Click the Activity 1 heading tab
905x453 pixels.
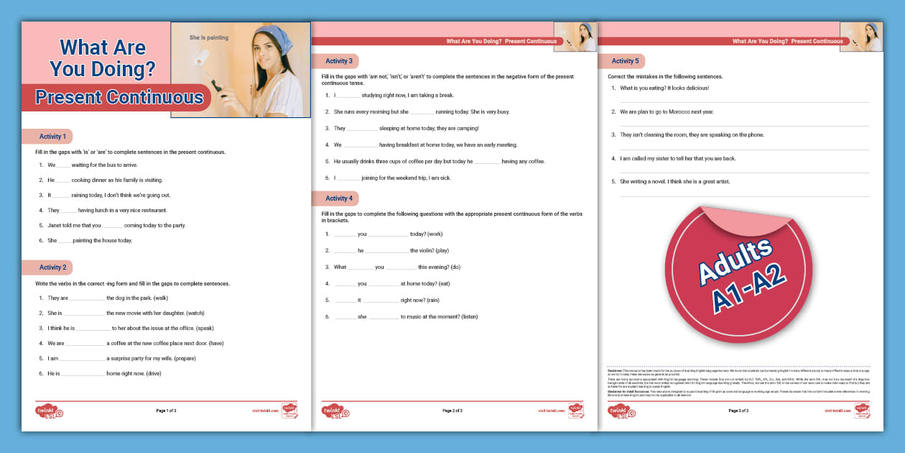tap(52, 137)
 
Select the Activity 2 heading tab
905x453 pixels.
tap(52, 267)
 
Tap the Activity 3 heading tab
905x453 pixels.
tap(338, 61)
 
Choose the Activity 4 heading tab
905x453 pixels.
tap(338, 198)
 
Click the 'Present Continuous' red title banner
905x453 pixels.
tap(119, 97)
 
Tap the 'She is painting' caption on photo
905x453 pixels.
tap(209, 37)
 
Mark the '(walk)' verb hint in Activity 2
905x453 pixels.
tap(160, 298)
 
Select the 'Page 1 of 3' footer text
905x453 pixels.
tap(166, 411)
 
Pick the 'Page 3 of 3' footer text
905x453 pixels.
tap(738, 411)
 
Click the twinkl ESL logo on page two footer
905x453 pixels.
tap(335, 411)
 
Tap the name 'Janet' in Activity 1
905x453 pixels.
tap(55, 225)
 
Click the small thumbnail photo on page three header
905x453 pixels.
tap(860, 37)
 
